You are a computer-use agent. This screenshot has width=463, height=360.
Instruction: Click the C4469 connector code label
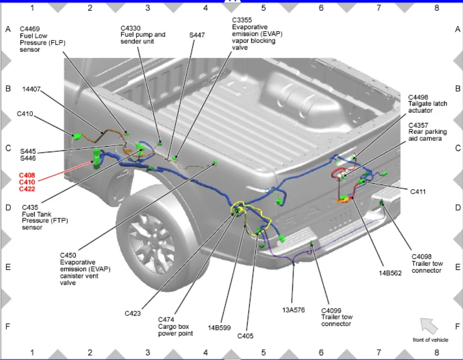point(30,29)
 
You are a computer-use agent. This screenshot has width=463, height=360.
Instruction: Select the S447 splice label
point(197,35)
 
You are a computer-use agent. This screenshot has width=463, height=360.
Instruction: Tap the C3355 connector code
point(242,20)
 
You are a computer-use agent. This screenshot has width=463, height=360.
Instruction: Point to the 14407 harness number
point(31,89)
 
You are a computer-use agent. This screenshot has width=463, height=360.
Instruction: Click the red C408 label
point(27,175)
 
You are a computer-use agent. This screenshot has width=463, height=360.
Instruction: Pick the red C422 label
point(27,189)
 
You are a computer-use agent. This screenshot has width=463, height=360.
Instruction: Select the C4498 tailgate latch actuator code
point(418,98)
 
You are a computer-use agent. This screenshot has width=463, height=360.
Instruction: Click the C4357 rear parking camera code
point(418,125)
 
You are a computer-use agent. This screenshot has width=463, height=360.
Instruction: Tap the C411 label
point(418,192)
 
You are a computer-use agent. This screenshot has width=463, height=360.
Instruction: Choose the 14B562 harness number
point(390,273)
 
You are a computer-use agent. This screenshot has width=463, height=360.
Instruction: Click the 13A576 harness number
point(293,310)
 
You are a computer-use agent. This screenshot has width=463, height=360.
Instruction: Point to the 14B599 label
point(219,328)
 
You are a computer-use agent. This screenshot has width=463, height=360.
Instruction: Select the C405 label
point(245,336)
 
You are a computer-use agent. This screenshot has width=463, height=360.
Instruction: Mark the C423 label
point(133,314)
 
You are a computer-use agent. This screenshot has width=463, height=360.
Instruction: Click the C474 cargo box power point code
point(166,319)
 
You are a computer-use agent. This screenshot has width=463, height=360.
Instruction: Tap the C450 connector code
point(68,255)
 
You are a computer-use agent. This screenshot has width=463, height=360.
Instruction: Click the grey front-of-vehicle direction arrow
point(428,326)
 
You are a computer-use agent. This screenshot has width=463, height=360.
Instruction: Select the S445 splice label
point(28,151)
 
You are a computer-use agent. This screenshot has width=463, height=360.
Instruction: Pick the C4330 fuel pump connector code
point(130,28)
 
